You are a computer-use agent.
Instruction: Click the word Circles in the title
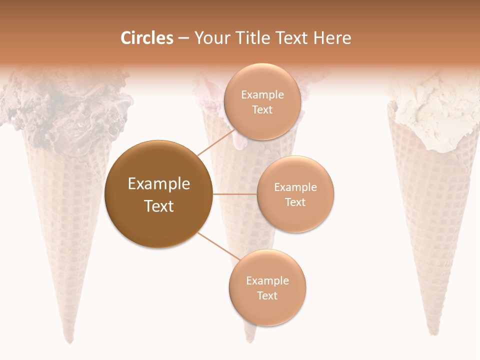coord(146,38)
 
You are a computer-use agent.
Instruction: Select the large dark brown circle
coord(158,194)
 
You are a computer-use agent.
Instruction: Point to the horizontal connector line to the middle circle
coord(234,194)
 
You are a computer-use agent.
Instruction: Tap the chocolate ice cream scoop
coord(65,110)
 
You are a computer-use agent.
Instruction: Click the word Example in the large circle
coord(158,184)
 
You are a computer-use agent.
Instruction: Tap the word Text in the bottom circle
coord(267,295)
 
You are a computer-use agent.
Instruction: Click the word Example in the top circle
coord(262,95)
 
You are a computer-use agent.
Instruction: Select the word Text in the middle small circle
coord(295,202)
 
